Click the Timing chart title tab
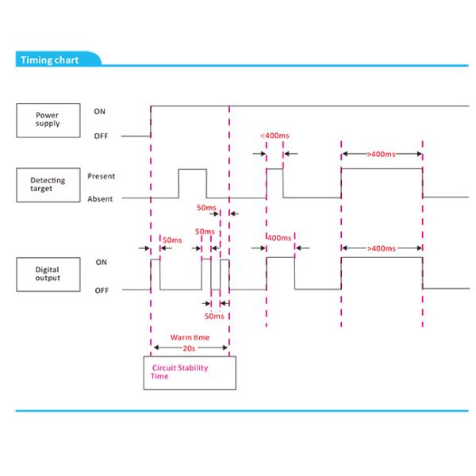pyautogui.click(x=49, y=60)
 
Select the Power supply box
pyautogui.click(x=47, y=120)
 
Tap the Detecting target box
pyautogui.click(x=47, y=185)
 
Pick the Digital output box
pyautogui.click(x=47, y=274)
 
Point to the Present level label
pyautogui.click(x=101, y=175)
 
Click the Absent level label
pyautogui.click(x=101, y=198)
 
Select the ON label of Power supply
pyautogui.click(x=100, y=111)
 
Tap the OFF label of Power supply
pyautogui.click(x=101, y=136)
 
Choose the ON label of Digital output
pyautogui.click(x=101, y=262)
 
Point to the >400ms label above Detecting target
pyautogui.click(x=381, y=154)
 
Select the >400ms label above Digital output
pyautogui.click(x=381, y=248)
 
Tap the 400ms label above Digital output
pyautogui.click(x=279, y=237)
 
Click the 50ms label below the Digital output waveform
pyautogui.click(x=214, y=315)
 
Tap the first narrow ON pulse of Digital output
pyautogui.click(x=155, y=274)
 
